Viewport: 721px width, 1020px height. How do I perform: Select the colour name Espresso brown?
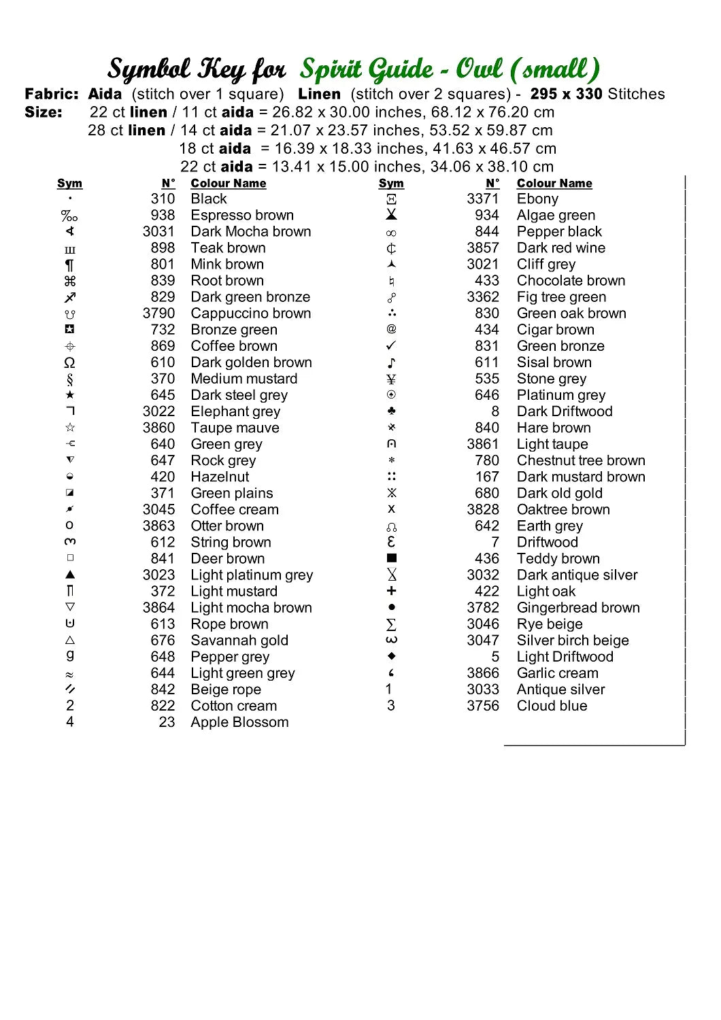click(x=242, y=216)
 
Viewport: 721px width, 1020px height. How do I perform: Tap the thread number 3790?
click(x=158, y=313)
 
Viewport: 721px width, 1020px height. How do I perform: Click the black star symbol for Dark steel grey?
click(x=70, y=395)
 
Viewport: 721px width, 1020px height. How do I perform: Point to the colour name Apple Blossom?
click(x=239, y=722)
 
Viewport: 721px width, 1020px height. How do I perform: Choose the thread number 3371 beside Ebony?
click(x=482, y=199)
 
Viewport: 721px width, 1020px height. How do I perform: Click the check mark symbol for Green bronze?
click(x=391, y=346)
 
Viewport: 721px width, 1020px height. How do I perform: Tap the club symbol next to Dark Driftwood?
click(x=391, y=411)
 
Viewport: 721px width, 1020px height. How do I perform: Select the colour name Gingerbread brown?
click(x=578, y=608)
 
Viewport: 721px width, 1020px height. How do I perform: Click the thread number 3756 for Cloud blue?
click(x=482, y=706)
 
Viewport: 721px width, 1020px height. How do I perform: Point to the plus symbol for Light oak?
click(x=391, y=592)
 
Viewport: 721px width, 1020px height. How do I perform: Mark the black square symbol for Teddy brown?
click(x=391, y=558)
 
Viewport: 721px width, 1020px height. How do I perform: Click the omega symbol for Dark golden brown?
click(x=69, y=363)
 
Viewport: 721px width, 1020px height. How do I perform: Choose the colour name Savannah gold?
click(x=239, y=641)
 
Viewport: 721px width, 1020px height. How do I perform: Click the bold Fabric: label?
click(x=52, y=95)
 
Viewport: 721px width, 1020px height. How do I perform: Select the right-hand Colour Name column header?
click(x=554, y=184)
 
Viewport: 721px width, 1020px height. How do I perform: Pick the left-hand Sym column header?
click(x=69, y=184)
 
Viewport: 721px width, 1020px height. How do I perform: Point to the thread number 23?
click(x=167, y=722)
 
